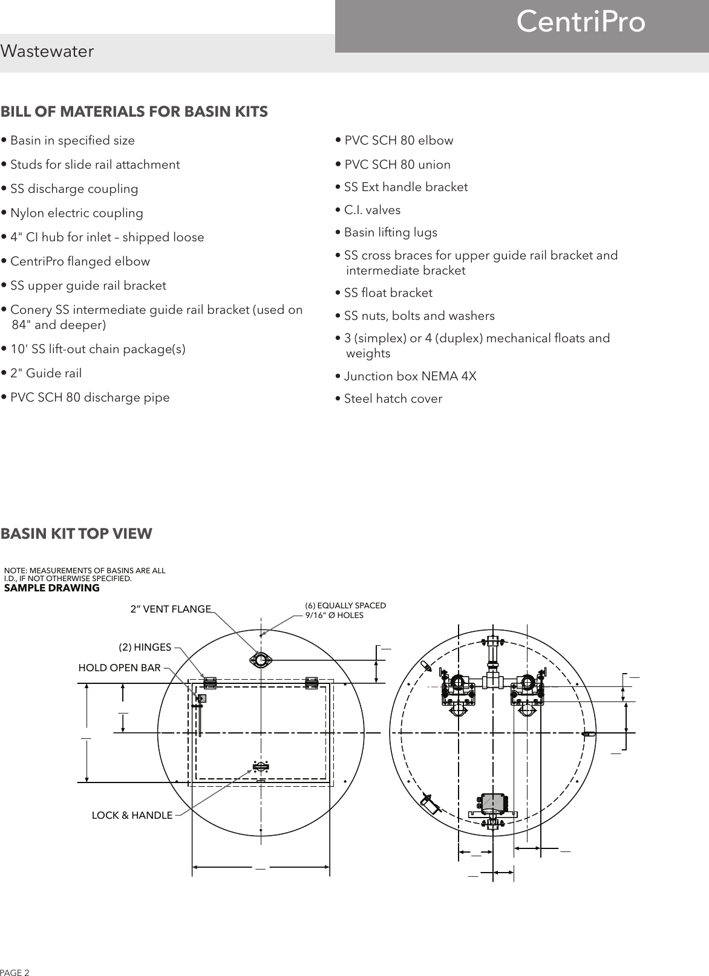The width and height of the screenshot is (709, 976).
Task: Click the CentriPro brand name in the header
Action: [x=581, y=23]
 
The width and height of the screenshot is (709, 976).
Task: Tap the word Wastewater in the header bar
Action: [x=47, y=52]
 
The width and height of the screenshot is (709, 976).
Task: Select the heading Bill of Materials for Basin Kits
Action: [x=134, y=112]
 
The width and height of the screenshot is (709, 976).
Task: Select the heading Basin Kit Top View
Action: [x=77, y=534]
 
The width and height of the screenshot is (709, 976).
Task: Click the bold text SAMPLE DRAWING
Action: [x=52, y=588]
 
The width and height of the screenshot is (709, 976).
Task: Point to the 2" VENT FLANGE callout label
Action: [x=171, y=609]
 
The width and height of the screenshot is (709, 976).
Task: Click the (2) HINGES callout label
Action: [x=145, y=647]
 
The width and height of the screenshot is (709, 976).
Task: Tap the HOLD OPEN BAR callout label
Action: [x=120, y=668]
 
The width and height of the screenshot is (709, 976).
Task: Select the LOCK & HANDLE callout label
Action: [x=132, y=815]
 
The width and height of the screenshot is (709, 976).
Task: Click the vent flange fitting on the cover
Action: [x=260, y=660]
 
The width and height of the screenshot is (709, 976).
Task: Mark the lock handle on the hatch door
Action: [x=261, y=767]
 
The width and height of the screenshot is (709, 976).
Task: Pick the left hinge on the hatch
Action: [x=210, y=682]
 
